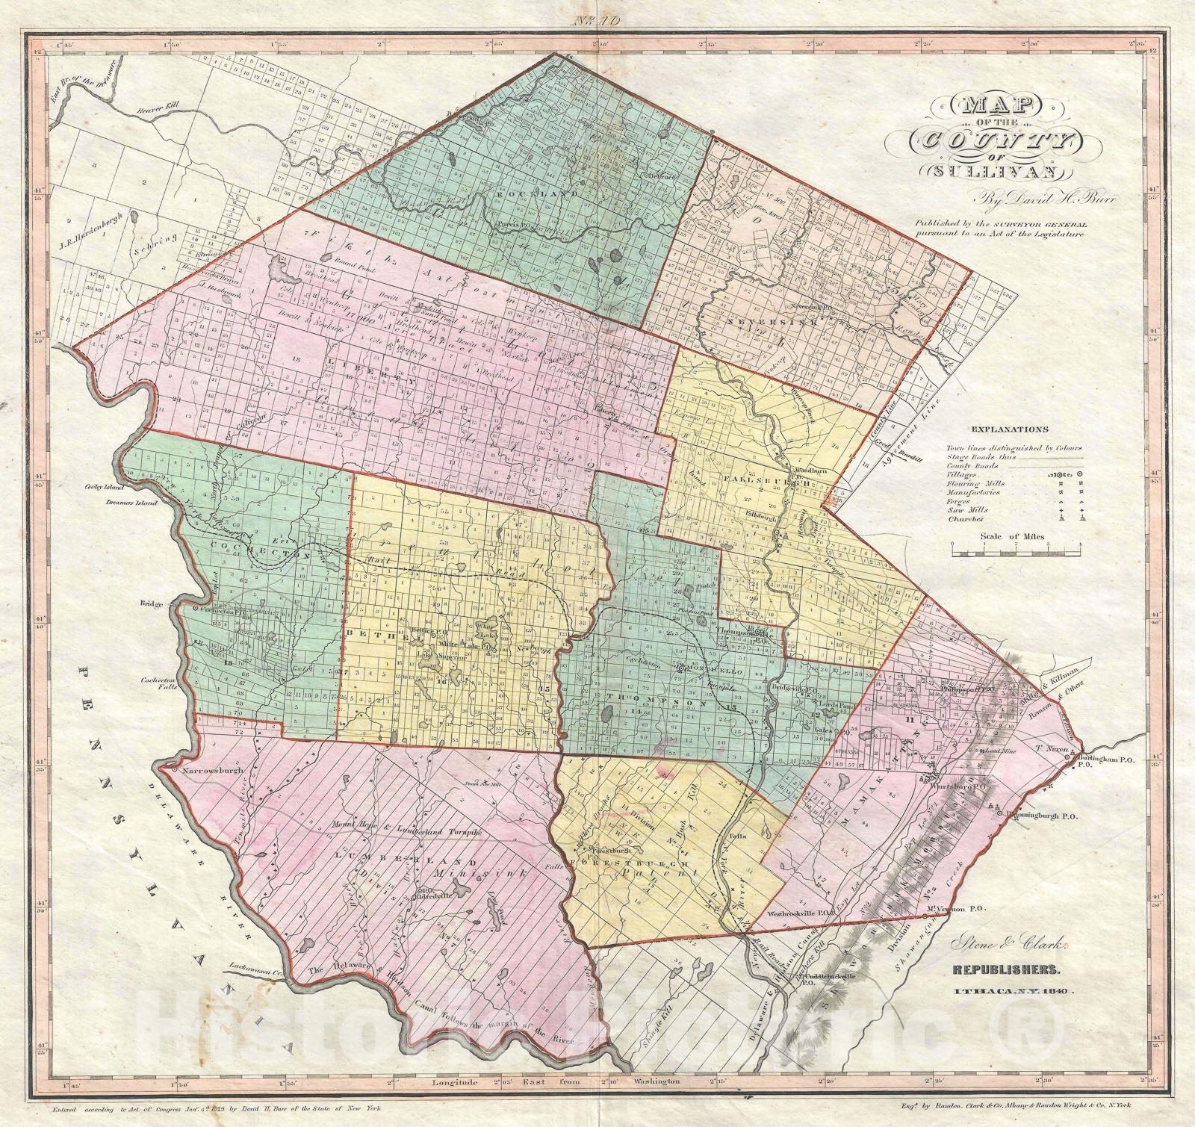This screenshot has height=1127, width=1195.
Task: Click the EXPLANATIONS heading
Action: [1010, 429]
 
